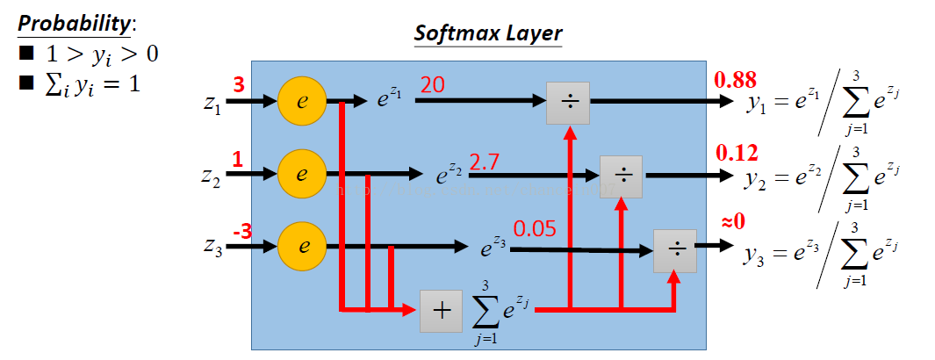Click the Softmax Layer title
(488, 34)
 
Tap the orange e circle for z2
(302, 174)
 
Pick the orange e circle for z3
(302, 246)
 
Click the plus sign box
(442, 311)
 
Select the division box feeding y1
(569, 103)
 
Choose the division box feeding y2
(622, 176)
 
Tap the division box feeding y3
(675, 249)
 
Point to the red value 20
(432, 85)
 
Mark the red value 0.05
(534, 230)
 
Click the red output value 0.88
(736, 80)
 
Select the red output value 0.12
(736, 153)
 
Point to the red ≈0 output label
(733, 220)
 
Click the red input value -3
(241, 232)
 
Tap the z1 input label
(212, 104)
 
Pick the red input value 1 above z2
(237, 159)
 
